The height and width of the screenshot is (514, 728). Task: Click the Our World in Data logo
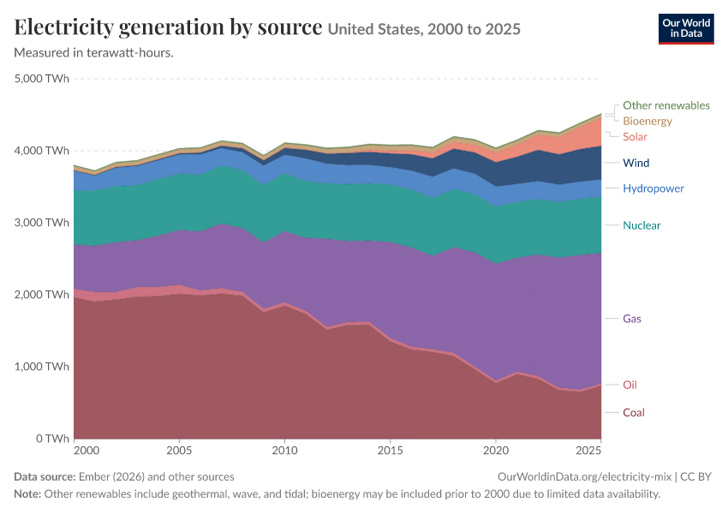[x=686, y=29]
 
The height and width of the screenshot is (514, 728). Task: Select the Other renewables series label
[x=665, y=105]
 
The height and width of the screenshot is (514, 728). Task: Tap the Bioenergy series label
[x=647, y=121]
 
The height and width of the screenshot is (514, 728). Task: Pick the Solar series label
[x=635, y=136]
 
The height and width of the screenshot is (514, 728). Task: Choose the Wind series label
[x=636, y=163]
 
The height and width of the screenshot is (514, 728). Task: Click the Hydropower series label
[x=653, y=188]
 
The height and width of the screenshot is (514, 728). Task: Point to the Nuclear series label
[x=641, y=225]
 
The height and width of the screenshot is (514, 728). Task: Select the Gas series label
[x=632, y=319]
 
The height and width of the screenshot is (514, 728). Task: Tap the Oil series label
[x=630, y=385]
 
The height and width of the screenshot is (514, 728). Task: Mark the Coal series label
[x=633, y=413]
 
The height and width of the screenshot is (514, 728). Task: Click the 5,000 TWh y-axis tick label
[x=42, y=79]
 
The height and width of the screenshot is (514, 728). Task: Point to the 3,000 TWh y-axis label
[x=42, y=223]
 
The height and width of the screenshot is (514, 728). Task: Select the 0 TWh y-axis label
[x=52, y=439]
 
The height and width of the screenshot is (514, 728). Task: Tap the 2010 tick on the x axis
[x=284, y=451]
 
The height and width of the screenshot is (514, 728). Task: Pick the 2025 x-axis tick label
[x=588, y=451]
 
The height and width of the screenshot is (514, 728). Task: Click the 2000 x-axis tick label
[x=87, y=451]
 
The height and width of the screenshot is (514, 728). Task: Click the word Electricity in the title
[x=64, y=27]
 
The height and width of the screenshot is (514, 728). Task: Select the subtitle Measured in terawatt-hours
[x=94, y=53]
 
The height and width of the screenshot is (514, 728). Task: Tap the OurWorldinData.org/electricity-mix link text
[x=584, y=477]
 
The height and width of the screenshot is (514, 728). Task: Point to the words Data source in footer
[x=45, y=477]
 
